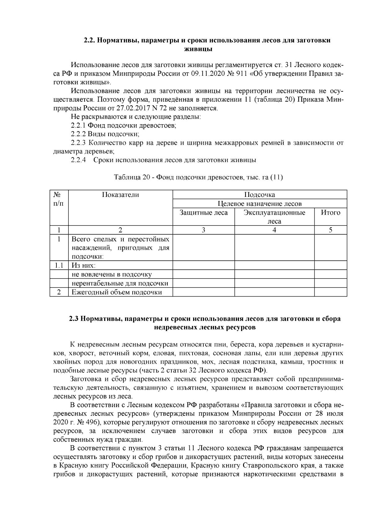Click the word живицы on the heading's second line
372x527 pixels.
coord(198,49)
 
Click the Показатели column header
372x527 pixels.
coord(120,195)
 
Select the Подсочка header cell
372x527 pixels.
coord(259,195)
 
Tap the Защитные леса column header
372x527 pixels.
coord(204,213)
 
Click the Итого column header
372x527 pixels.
coord(330,213)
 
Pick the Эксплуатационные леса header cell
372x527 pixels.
coord(274,217)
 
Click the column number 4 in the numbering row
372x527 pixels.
coord(274,230)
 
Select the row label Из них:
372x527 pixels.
coord(84,266)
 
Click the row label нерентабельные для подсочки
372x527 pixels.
coord(120,283)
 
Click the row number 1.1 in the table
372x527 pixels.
coord(59,266)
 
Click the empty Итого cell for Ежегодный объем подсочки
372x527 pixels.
coord(330,292)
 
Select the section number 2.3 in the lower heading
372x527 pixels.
coord(74,319)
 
